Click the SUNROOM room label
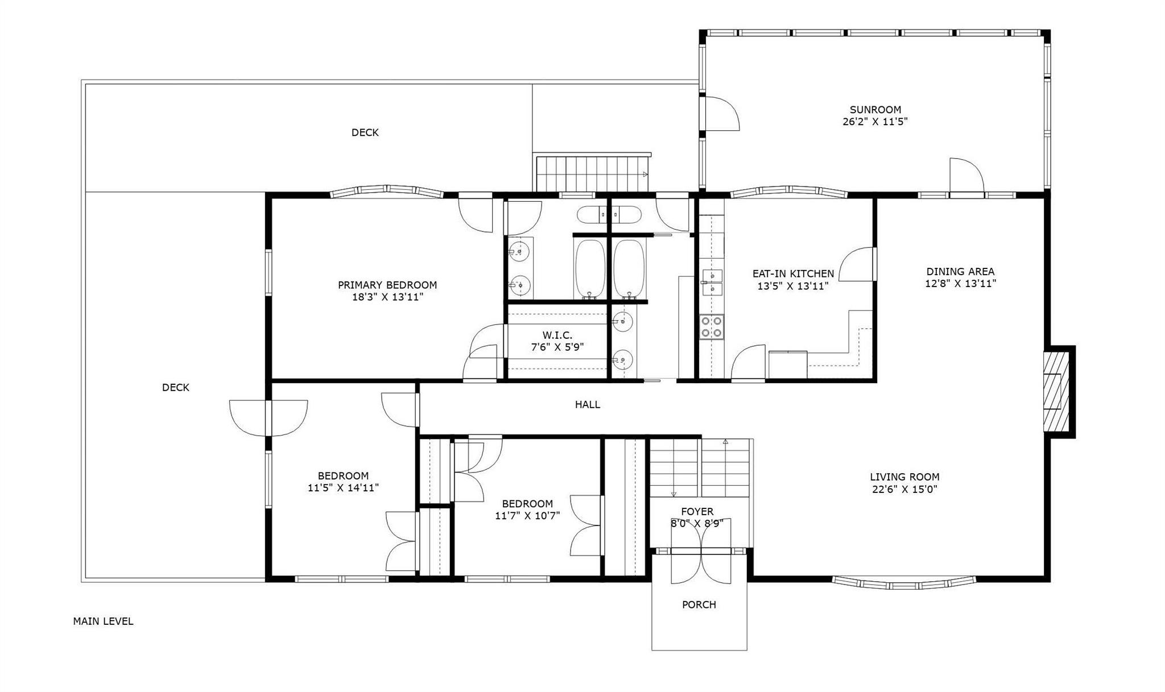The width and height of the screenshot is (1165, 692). click(875, 110)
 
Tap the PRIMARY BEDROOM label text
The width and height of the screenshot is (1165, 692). click(387, 285)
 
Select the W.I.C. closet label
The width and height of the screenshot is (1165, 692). click(557, 335)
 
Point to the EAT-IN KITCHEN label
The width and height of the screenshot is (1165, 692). click(793, 274)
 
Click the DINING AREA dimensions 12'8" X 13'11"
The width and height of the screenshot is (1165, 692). click(960, 284)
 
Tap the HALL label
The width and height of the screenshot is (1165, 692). click(587, 405)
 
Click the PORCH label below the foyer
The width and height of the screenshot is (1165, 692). click(699, 604)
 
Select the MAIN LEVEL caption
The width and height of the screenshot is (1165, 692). click(103, 621)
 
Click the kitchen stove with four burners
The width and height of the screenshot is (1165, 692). click(712, 327)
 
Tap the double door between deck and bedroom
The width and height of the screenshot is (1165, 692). click(268, 418)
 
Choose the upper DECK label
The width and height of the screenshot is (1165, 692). click(365, 132)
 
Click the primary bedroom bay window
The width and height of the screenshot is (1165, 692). click(387, 191)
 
